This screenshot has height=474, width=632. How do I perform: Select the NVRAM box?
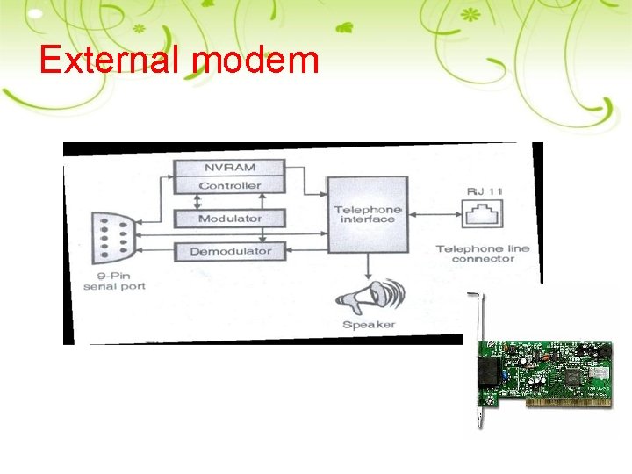[230, 168]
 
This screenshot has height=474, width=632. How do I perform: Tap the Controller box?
[230, 185]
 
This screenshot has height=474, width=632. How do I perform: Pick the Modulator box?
[230, 219]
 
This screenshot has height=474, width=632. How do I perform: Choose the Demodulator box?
[230, 251]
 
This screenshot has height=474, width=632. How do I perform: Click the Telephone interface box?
[367, 213]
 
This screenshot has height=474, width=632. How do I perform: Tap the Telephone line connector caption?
[484, 254]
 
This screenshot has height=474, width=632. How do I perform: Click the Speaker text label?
[369, 325]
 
